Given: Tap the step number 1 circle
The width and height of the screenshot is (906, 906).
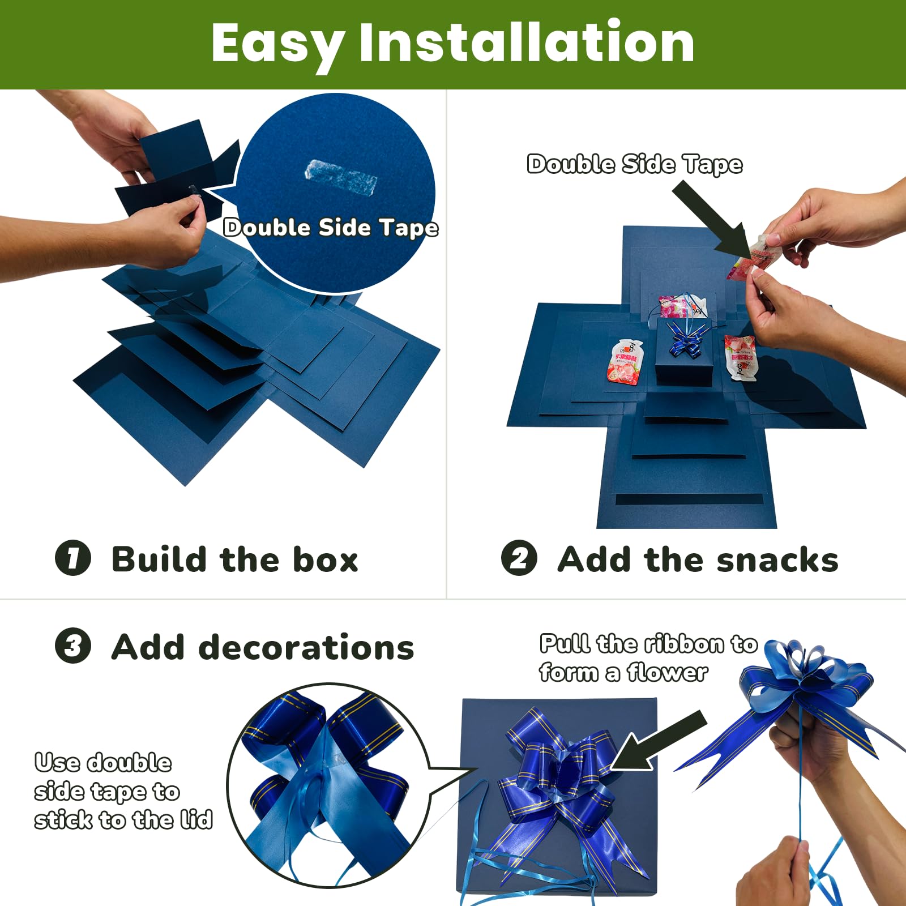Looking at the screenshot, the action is click(x=73, y=558).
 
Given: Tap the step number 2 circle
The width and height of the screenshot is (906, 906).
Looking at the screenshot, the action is click(x=519, y=558).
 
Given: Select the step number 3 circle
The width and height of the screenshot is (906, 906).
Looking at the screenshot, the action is click(x=73, y=646).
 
